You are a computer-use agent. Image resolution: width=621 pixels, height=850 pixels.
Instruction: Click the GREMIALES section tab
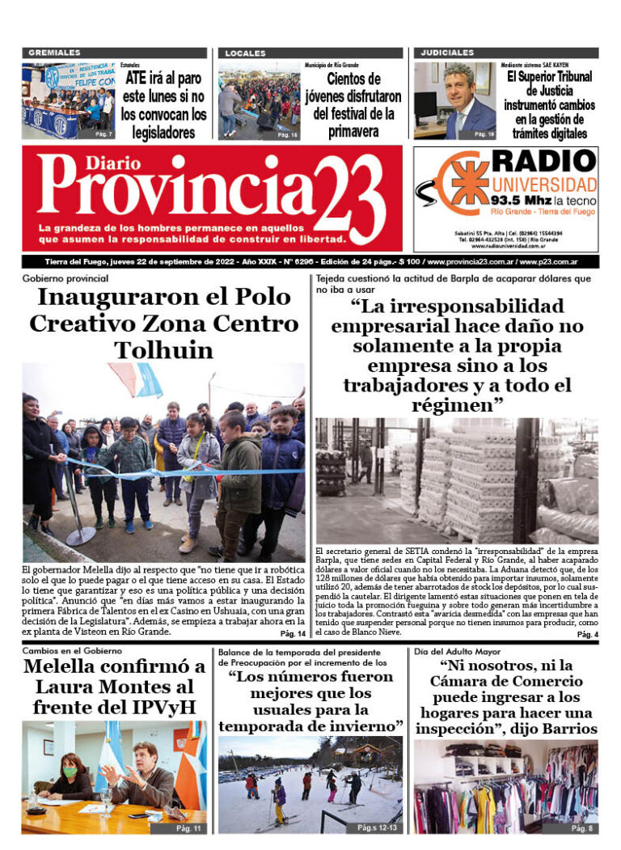54,53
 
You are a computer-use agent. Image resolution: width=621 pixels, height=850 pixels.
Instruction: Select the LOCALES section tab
245,53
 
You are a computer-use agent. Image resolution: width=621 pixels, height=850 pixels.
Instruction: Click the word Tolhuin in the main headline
165,350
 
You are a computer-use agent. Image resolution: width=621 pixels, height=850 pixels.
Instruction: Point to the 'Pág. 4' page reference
587,636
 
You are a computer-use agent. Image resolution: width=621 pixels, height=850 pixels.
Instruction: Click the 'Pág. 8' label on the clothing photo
582,828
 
